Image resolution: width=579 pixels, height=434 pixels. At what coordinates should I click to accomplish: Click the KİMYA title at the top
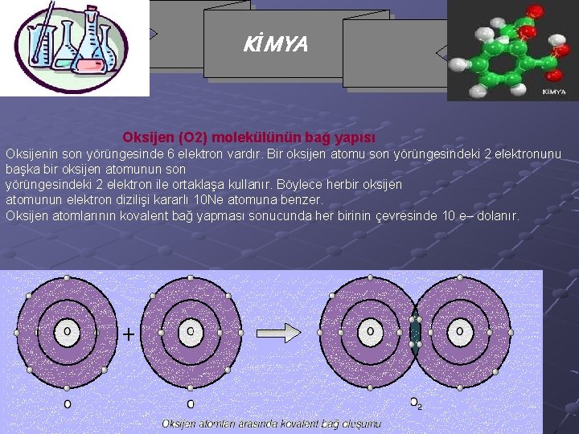275,45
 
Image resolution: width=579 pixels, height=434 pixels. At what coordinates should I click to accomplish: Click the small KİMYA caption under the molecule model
553,92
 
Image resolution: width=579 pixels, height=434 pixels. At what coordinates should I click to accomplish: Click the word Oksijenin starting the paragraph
31,154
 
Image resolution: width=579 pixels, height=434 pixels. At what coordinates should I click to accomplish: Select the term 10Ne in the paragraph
209,200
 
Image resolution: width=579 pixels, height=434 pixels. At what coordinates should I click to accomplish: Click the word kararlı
175,200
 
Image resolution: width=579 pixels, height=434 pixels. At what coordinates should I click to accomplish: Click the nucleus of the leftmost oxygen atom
67,330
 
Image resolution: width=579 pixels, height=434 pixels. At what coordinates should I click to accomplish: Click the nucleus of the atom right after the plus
190,330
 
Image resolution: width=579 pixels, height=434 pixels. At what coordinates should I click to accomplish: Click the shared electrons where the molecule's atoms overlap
415,331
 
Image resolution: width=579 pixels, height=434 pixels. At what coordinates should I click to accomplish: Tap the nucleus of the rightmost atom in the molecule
459,330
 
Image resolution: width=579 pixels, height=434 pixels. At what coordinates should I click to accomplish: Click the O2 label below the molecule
416,403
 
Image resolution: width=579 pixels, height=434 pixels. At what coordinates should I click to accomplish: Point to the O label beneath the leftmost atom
67,403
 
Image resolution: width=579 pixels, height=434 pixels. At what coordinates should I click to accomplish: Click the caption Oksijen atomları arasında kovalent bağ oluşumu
272,423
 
